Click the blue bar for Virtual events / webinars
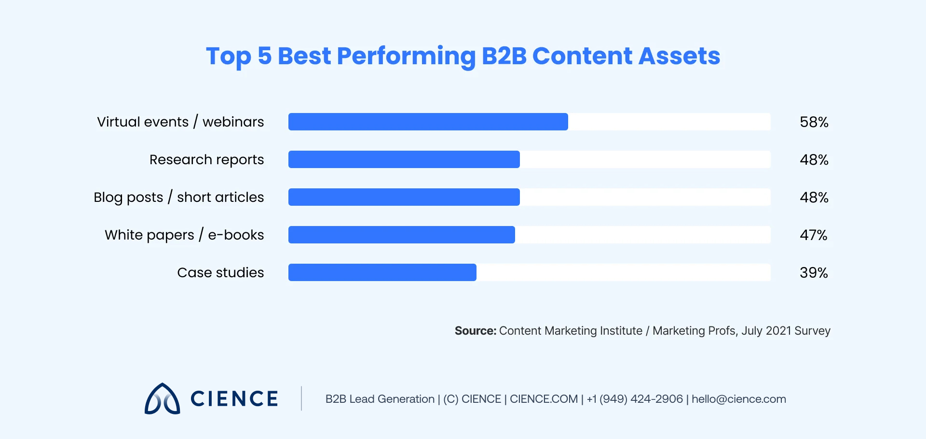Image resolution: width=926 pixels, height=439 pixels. coord(428,122)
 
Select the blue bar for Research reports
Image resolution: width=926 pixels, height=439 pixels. coord(404,159)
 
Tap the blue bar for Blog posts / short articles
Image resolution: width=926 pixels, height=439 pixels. coord(404,197)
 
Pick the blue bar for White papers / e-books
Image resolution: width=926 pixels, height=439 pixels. coord(401,235)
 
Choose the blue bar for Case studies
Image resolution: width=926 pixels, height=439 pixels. coord(382,272)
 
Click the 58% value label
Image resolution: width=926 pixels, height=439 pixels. coord(814,122)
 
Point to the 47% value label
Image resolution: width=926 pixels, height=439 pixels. coord(813,235)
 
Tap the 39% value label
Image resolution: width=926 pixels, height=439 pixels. coord(813,272)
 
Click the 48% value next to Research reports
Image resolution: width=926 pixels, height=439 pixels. coord(814,159)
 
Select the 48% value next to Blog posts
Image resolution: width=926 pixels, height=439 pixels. coord(814,197)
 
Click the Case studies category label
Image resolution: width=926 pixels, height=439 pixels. coord(220,272)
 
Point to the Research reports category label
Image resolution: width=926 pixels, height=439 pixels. coord(206,159)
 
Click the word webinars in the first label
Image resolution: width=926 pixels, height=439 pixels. coord(233,122)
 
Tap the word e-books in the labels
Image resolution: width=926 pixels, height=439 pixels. coord(236,235)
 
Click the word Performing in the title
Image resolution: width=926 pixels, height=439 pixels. coord(406,57)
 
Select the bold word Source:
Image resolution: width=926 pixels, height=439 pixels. coord(475,331)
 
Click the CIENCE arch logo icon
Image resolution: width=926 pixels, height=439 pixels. coord(163,399)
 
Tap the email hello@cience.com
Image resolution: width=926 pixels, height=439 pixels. coord(738,399)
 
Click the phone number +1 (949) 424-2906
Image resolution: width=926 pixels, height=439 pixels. coord(635,399)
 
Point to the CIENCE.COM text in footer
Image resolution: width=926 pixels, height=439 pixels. coord(544,399)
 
